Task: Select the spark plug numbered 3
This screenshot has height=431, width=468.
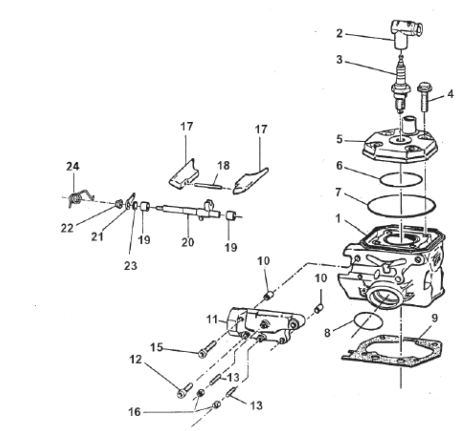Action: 399,87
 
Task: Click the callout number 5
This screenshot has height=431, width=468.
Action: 339,139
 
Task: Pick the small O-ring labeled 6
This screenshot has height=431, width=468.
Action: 401,180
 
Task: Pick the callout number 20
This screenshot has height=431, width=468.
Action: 188,242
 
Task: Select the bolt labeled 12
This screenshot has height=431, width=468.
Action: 184,390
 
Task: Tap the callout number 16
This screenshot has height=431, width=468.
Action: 134,412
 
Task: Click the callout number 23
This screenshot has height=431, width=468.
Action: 131,266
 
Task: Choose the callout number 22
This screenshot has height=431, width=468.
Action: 67,228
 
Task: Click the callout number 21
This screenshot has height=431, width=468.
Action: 97,237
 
